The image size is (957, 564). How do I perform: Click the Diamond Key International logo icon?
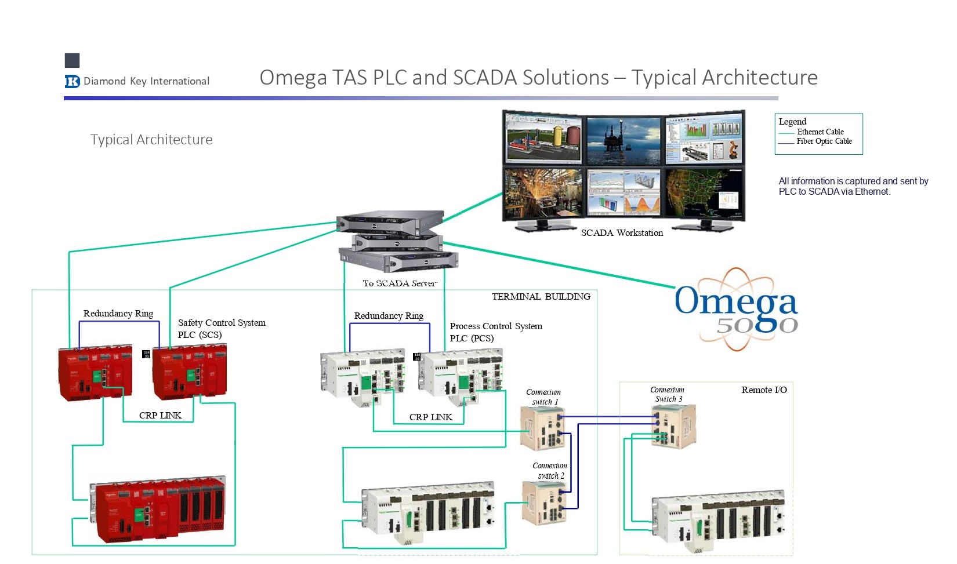coord(72,81)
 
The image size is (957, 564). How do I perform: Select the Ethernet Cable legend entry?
coord(820,132)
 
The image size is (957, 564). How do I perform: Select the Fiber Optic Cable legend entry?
coord(824,141)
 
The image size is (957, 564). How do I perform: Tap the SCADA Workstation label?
coord(622,233)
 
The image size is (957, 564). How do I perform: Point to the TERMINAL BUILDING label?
coord(541,297)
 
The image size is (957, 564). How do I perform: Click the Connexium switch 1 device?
coord(543,428)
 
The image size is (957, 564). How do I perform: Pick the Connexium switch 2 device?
coord(544,503)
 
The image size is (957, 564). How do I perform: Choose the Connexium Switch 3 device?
coord(673,426)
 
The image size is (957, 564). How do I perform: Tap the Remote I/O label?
coord(764,390)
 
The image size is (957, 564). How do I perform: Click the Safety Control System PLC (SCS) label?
coord(222,329)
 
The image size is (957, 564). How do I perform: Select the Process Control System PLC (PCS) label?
coord(495,332)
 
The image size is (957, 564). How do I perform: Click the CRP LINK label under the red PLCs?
coord(160,416)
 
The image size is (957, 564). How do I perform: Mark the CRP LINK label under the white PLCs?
coord(430,417)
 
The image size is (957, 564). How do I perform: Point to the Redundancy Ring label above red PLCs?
coord(118,314)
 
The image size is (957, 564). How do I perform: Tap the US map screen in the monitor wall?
coord(703,191)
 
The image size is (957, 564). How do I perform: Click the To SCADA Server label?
coord(399,283)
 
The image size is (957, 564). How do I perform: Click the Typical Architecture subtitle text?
coord(151,140)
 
